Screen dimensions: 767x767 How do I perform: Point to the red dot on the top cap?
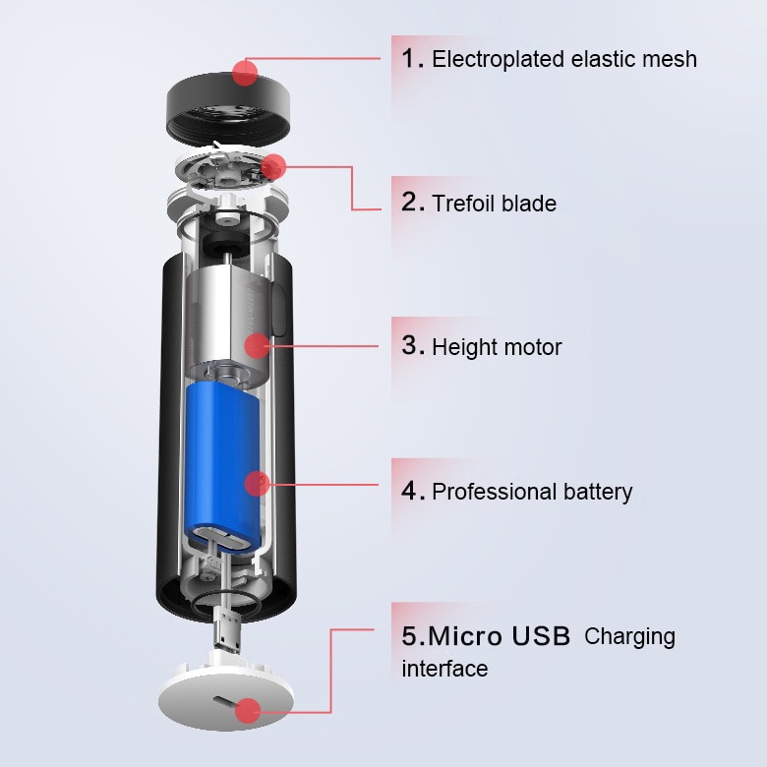click(245, 72)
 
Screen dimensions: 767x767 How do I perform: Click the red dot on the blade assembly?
click(274, 166)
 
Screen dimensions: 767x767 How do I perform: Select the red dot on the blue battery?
click(257, 483)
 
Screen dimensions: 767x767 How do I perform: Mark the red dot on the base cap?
click(248, 709)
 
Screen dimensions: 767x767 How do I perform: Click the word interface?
click(444, 669)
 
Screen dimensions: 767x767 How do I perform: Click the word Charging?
click(629, 636)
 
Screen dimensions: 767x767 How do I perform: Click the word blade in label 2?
click(529, 204)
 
